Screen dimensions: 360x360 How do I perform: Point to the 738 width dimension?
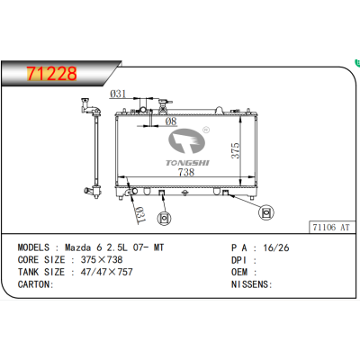point(185,171)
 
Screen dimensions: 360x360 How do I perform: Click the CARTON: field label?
point(37,283)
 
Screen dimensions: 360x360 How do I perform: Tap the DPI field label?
point(238,258)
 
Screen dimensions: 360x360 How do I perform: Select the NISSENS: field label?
point(250,283)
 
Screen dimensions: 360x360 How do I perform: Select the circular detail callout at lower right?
point(267,211)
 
